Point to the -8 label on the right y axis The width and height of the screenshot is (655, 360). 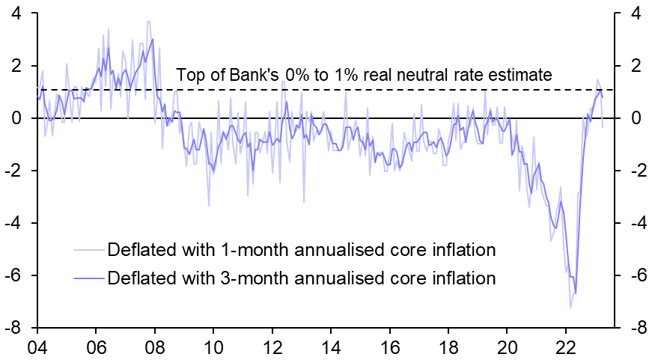point(637,329)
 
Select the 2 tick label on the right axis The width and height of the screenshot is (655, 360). point(636,67)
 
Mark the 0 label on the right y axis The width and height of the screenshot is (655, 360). point(636,119)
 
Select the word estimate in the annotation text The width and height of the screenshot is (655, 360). point(520,75)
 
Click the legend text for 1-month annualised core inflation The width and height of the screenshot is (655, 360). point(302,248)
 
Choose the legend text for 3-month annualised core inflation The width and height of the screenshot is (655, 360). point(302,278)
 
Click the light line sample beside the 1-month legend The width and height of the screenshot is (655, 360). point(89,249)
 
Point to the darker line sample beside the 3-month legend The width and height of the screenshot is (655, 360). point(89,278)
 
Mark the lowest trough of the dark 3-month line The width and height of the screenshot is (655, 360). point(576,293)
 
